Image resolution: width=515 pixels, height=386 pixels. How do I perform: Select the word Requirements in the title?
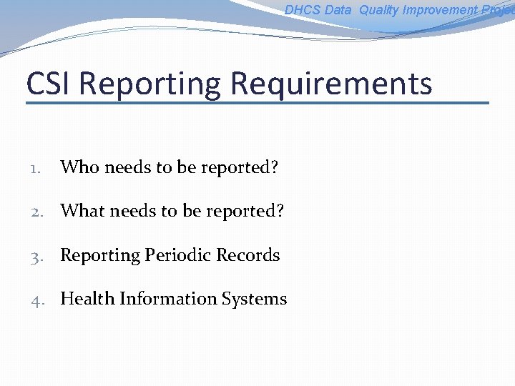[x=331, y=84]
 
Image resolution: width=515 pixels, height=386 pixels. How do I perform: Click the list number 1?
[x=36, y=169]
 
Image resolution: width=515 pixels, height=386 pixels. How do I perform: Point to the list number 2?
[x=37, y=212]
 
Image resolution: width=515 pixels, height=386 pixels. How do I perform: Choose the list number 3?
[x=37, y=256]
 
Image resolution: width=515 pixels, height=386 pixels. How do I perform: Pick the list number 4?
[x=37, y=300]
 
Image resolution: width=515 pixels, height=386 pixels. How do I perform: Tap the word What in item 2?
[x=81, y=212]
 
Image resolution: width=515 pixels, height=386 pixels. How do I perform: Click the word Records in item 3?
[x=249, y=255]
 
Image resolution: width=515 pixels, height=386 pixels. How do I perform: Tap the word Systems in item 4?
[x=253, y=299]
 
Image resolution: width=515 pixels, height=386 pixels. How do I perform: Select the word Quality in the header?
[x=380, y=10]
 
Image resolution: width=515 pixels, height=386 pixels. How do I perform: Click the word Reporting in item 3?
[x=100, y=256]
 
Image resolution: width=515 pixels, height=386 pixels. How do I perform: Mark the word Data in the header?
[x=338, y=10]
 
